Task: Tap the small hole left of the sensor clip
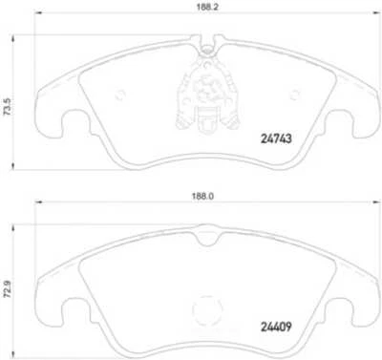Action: pyautogui.click(x=121, y=94)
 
